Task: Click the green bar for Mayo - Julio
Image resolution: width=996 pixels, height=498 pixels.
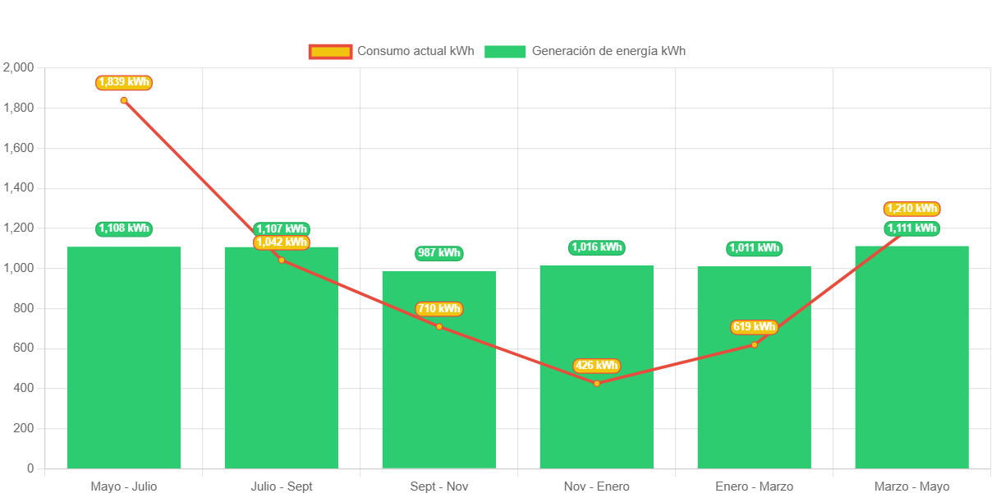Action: (124, 357)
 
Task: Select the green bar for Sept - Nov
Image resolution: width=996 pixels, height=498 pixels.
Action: (439, 370)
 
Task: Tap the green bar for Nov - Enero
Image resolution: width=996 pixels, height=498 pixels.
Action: (596, 367)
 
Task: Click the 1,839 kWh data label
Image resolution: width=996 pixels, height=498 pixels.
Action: (124, 82)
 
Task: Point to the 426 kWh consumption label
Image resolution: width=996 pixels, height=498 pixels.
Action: (596, 366)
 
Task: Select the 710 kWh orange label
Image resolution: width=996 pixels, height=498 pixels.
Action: (439, 309)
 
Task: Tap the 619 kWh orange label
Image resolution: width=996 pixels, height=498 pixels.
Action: (754, 327)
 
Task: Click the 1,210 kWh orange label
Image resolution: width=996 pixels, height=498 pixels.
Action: (911, 209)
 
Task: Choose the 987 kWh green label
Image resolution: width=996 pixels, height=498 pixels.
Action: (439, 252)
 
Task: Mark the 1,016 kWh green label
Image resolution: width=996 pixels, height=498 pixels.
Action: (596, 247)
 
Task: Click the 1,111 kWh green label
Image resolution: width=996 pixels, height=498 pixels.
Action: (911, 228)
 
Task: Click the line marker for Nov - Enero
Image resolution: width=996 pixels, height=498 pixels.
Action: (596, 384)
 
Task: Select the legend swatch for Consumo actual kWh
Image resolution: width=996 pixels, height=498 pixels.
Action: (330, 51)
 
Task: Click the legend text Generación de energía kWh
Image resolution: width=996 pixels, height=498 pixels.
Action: (608, 51)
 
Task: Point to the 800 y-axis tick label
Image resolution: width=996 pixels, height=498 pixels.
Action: (24, 308)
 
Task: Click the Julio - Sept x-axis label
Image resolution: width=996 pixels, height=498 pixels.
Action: (282, 486)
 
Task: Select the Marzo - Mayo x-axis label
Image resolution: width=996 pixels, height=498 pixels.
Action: (911, 486)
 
